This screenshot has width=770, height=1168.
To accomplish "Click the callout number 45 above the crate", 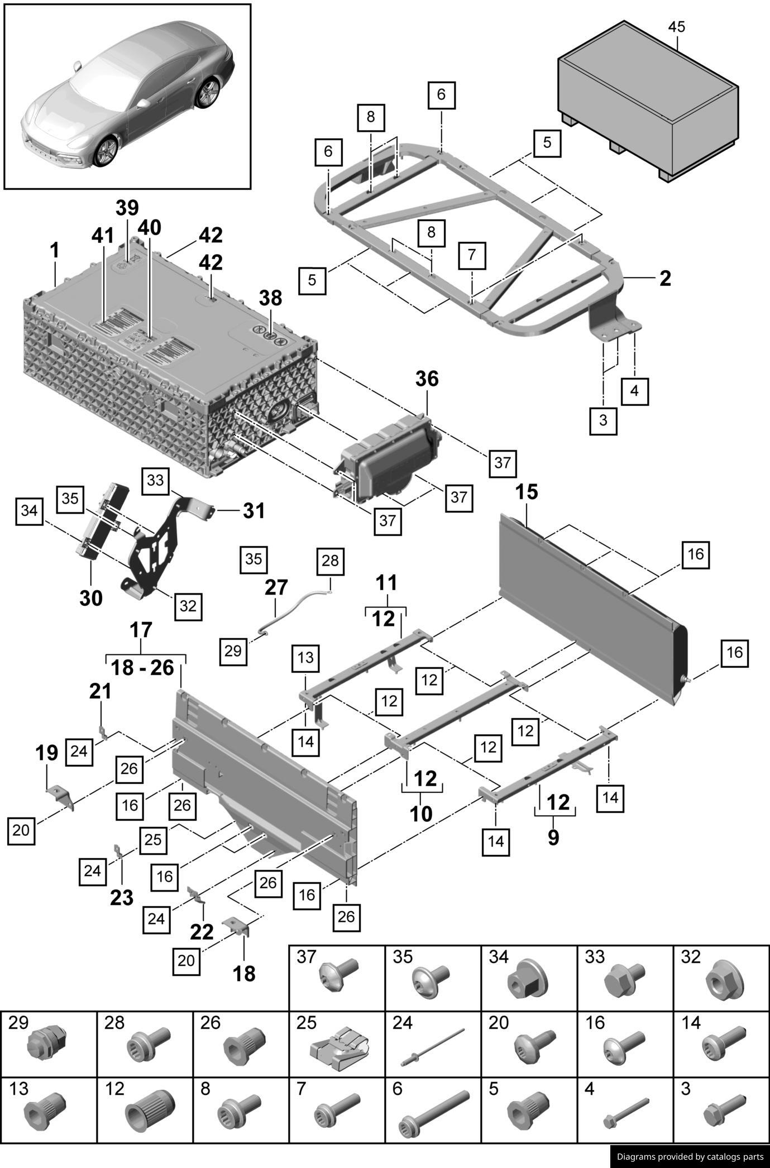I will click(676, 27).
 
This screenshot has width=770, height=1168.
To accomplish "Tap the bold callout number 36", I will click(427, 379).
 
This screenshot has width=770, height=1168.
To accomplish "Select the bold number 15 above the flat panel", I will click(526, 492).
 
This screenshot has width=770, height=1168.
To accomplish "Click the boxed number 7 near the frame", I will click(472, 255).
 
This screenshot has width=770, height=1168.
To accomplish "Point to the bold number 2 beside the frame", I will click(664, 278).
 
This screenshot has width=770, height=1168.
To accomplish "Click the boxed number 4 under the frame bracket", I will click(634, 391).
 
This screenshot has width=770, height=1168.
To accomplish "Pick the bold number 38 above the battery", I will click(270, 298).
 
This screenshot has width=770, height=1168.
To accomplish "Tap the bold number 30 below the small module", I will click(91, 599).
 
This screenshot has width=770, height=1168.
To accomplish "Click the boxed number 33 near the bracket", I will click(155, 480).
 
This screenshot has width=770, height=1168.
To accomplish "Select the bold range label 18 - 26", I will click(142, 667).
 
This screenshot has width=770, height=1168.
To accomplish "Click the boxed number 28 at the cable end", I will click(330, 561).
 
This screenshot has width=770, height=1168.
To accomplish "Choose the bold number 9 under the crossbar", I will click(553, 837).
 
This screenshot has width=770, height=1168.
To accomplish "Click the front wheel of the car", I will click(106, 151).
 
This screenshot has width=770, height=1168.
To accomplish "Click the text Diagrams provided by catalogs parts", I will click(690, 1156).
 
